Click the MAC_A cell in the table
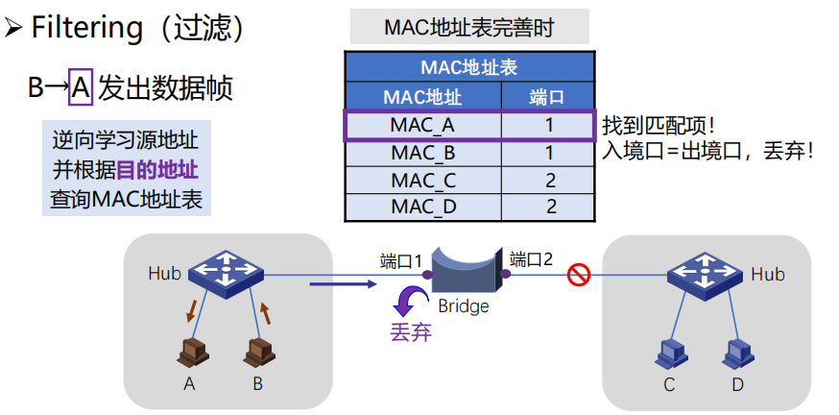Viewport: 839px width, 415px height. [422, 125]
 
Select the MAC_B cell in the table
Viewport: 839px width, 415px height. [422, 152]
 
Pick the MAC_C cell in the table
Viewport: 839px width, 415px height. [422, 180]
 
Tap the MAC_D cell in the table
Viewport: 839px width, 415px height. [422, 206]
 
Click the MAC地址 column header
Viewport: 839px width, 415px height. [422, 97]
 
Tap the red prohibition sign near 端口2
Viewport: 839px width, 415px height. [578, 276]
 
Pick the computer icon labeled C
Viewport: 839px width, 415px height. [669, 352]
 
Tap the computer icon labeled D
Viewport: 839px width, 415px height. [736, 352]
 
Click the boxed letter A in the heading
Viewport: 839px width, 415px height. [82, 88]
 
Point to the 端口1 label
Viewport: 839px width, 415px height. [401, 260]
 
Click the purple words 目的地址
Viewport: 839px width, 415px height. [157, 170]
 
